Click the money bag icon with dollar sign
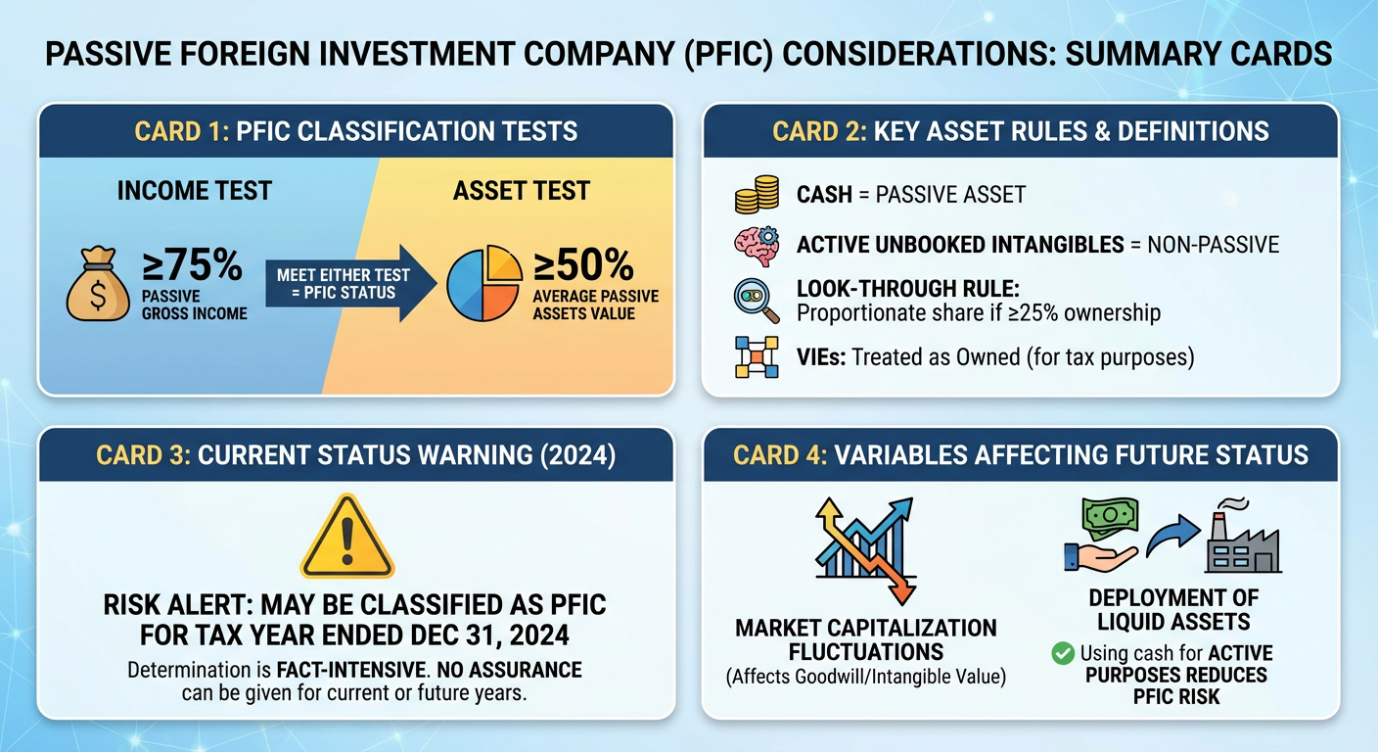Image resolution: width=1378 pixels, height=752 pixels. [x=98, y=284]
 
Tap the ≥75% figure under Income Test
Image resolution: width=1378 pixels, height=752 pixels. [x=192, y=265]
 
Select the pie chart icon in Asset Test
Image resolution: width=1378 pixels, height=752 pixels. [x=484, y=283]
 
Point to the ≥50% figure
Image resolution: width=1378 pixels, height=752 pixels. [x=583, y=265]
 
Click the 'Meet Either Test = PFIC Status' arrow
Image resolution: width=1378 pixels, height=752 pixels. [x=350, y=284]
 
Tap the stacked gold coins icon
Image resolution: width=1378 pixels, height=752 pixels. [x=757, y=195]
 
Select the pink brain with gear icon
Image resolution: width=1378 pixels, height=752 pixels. [x=757, y=246]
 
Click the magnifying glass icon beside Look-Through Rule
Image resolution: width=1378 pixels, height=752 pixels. [x=757, y=301]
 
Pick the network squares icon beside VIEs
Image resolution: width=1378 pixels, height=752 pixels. [x=757, y=357]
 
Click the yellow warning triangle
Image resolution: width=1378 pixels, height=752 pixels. [x=347, y=537]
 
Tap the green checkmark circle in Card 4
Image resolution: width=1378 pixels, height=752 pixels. [x=1063, y=653]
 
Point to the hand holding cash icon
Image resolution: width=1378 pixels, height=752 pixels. [x=1102, y=535]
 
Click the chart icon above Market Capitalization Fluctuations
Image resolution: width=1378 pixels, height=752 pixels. [x=865, y=549]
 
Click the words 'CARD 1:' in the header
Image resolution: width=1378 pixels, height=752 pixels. [x=182, y=131]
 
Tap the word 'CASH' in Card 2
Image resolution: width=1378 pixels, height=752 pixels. [x=824, y=195]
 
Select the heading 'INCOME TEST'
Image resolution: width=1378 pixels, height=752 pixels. [x=195, y=191]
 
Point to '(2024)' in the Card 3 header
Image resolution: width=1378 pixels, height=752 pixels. [x=577, y=455]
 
